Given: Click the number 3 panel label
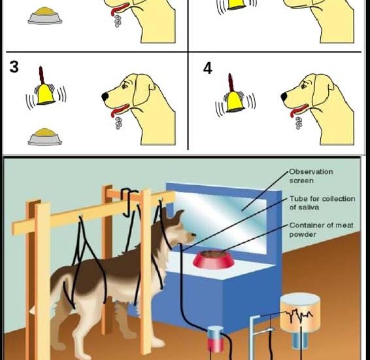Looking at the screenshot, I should pyautogui.click(x=14, y=67).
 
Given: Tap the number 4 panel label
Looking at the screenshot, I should pyautogui.click(x=208, y=67).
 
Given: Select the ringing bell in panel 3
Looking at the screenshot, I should pyautogui.click(x=44, y=94).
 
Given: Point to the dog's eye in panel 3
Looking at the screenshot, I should pyautogui.click(x=128, y=86).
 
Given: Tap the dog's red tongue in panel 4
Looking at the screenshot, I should pyautogui.click(x=298, y=109).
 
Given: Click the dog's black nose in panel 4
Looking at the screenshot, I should pyautogui.click(x=284, y=96).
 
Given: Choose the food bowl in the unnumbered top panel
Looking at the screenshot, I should pyautogui.click(x=45, y=16).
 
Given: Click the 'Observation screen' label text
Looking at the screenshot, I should pyautogui.click(x=311, y=175).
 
